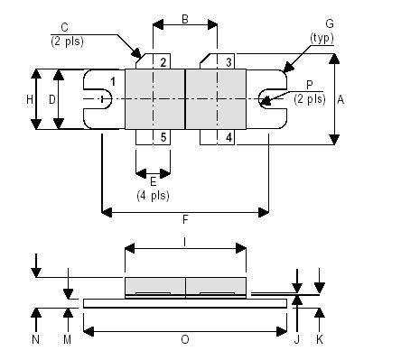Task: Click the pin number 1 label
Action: click(x=113, y=83)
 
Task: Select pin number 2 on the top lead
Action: click(x=163, y=62)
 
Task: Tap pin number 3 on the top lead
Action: click(x=229, y=62)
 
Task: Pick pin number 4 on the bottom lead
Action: click(x=229, y=137)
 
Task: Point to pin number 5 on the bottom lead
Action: click(x=163, y=137)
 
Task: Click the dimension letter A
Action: click(x=340, y=101)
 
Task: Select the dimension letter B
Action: click(x=185, y=18)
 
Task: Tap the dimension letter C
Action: click(x=64, y=26)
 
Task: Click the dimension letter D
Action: click(x=52, y=98)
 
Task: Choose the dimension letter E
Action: click(x=153, y=181)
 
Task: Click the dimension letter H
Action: click(x=30, y=98)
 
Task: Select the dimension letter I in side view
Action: click(x=185, y=241)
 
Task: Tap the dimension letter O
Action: click(x=185, y=340)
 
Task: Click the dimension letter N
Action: click(x=35, y=340)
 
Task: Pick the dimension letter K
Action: click(x=320, y=340)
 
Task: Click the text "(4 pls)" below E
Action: click(x=153, y=195)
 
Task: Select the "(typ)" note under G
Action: click(x=322, y=38)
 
